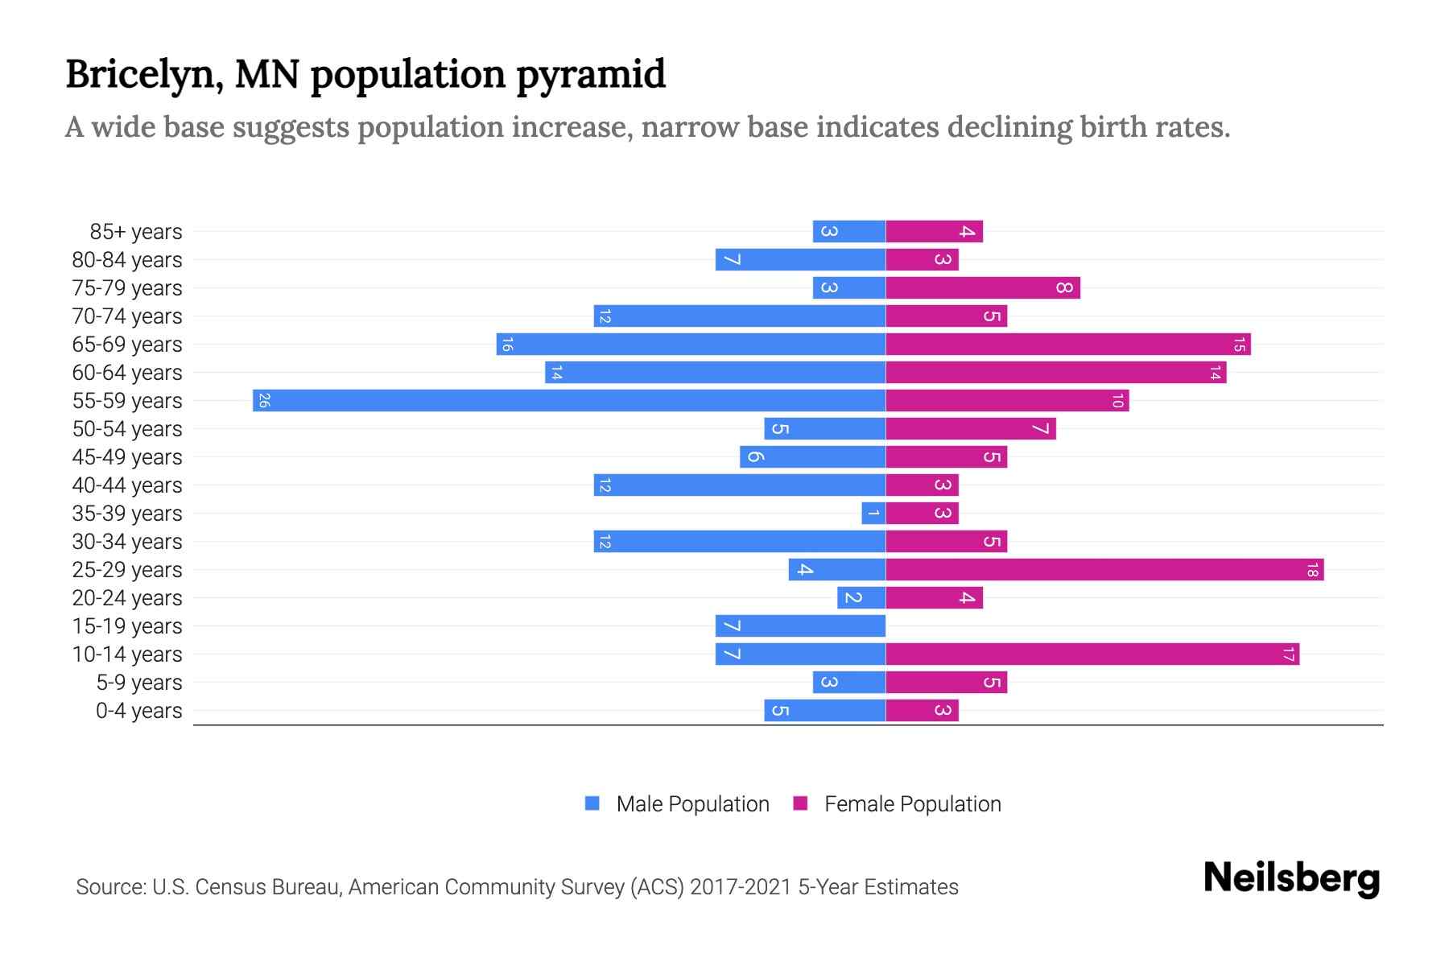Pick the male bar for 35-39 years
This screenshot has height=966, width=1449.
pos(873,514)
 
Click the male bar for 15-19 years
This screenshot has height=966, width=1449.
pos(800,626)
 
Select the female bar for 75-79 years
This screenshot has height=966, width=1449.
pos(983,288)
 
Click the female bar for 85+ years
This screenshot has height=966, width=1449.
pos(934,232)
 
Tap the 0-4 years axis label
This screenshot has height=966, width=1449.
pos(138,711)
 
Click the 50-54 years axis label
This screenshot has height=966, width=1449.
pos(127,429)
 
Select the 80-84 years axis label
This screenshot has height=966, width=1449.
pos(127,260)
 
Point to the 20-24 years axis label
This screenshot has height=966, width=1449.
pos(127,598)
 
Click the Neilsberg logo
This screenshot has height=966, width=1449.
pos(1291,878)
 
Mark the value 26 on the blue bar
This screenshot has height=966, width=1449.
pos(264,401)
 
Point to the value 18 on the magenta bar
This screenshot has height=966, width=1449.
pos(1312,570)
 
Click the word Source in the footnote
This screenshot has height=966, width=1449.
pos(110,887)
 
